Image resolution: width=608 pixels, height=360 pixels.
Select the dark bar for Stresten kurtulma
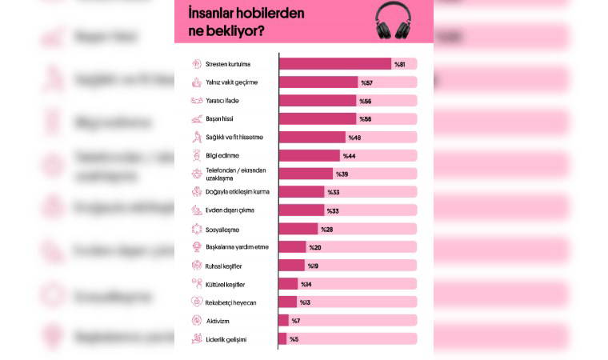334,64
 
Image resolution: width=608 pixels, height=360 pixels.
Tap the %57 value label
366,82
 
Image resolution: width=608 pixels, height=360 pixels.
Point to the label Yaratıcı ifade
222,101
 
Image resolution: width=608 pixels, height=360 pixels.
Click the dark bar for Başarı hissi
318,119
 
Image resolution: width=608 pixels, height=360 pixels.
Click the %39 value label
342,174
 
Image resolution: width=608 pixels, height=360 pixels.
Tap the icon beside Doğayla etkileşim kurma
195,192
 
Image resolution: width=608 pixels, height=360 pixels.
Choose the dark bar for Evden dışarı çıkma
302,210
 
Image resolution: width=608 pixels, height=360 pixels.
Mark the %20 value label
315,247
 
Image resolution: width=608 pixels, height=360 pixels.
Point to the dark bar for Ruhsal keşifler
291,266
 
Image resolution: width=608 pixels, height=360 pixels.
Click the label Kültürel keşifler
225,284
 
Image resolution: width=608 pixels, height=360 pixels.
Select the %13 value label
305,302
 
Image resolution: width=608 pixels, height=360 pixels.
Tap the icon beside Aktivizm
195,320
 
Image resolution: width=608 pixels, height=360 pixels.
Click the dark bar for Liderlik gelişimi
282,338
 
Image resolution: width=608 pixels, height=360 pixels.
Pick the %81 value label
400,64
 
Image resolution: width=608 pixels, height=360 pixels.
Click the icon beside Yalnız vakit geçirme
195,82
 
